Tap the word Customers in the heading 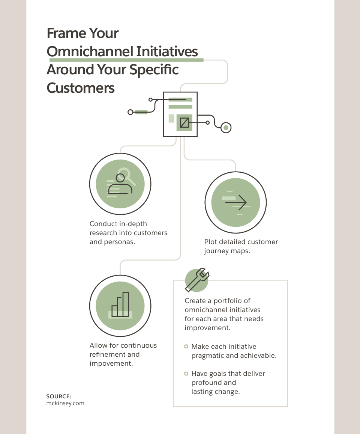point(81,88)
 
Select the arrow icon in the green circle point(236,203)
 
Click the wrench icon point(197,280)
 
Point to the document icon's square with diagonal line point(184,122)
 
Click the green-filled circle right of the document point(226,128)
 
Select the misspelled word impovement point(111,363)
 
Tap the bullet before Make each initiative point(186,347)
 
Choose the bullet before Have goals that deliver point(186,374)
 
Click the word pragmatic point(207,356)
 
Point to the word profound point(206,383)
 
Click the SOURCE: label point(58,396)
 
